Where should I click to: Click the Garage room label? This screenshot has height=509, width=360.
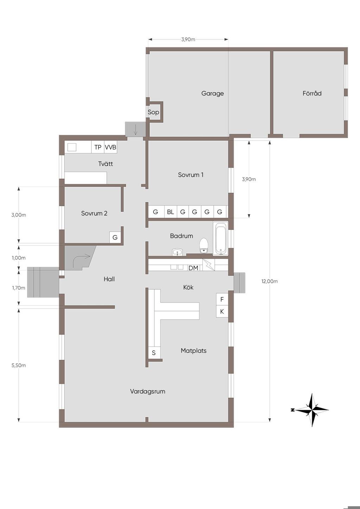212,94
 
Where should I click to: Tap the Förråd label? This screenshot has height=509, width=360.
312,93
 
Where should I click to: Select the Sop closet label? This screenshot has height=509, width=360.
153,112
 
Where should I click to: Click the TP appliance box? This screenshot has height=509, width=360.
98,147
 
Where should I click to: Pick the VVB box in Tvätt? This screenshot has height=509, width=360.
111,147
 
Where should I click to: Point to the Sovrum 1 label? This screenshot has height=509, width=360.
191,175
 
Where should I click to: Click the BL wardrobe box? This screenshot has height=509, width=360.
171,212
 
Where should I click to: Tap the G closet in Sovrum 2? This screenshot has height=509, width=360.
115,238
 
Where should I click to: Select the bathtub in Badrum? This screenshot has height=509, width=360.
220,239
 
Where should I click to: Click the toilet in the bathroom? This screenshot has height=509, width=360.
204,245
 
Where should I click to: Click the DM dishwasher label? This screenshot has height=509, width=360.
193,268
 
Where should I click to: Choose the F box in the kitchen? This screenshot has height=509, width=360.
222,299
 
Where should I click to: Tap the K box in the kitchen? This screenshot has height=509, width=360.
222,311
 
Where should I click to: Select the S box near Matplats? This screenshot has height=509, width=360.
154,353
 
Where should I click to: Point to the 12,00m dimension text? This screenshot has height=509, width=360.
270,281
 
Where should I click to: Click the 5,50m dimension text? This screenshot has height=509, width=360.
19,365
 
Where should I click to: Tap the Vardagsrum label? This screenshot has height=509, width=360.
148,391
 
